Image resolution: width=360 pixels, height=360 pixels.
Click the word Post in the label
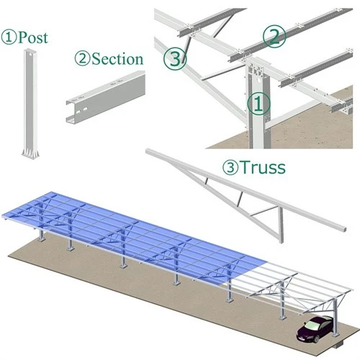[x=33, y=37]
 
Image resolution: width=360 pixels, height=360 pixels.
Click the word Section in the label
[x=117, y=59]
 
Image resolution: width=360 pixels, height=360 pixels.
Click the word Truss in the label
[x=263, y=167]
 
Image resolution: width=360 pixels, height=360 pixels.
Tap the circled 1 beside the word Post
[x=9, y=37]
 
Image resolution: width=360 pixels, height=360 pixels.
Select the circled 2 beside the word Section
[x=82, y=59]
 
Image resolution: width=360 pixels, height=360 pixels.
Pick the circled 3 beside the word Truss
[x=230, y=167]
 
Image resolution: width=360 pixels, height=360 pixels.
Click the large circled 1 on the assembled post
[x=258, y=104]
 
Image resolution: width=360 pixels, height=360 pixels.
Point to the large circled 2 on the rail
[x=274, y=36]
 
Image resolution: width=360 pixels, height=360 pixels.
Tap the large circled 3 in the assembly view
[x=175, y=58]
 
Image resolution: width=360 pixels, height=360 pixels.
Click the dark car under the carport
[x=315, y=329]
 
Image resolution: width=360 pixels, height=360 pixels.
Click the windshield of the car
[x=312, y=325]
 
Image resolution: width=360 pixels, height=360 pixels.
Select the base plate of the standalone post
[x=30, y=153]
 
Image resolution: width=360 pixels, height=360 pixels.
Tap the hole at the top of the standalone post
[x=31, y=54]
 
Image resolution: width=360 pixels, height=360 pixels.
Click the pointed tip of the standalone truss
[x=147, y=151]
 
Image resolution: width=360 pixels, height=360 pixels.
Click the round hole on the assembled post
[x=258, y=80]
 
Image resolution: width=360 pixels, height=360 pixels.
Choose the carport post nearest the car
[x=336, y=318]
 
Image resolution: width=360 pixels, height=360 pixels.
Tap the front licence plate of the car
[x=301, y=339]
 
